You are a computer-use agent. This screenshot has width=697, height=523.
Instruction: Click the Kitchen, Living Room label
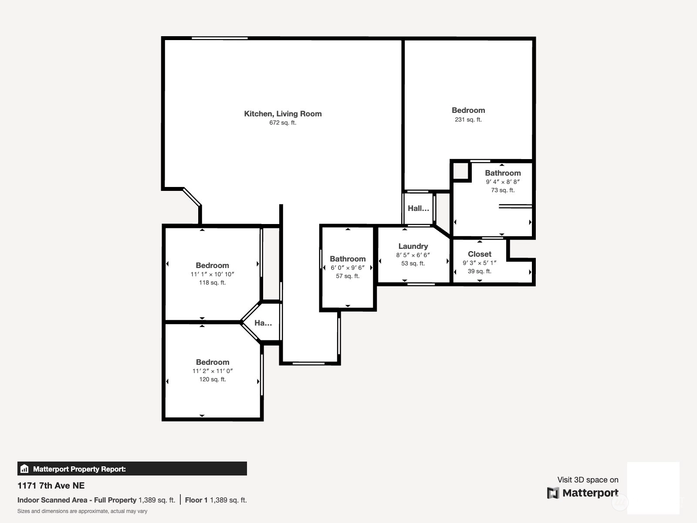(x=283, y=114)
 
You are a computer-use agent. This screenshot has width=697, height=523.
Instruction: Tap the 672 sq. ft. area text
(x=283, y=122)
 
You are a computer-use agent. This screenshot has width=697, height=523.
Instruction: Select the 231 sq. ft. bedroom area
(x=468, y=119)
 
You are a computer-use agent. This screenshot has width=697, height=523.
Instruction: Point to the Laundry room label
(x=413, y=246)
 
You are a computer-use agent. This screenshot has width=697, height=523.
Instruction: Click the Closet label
(x=479, y=254)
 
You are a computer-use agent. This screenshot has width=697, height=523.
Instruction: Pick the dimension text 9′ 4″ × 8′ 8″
(x=503, y=182)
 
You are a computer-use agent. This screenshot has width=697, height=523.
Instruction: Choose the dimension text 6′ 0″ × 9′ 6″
(x=347, y=268)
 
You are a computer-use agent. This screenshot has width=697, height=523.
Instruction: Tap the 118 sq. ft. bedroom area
(x=212, y=282)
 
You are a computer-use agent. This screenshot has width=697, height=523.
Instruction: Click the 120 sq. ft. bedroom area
(x=213, y=379)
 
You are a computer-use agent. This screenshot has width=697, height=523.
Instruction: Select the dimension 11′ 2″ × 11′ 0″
(x=213, y=371)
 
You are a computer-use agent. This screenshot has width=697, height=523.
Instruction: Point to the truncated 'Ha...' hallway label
(x=263, y=323)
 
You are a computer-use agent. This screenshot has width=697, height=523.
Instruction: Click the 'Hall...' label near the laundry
(x=418, y=208)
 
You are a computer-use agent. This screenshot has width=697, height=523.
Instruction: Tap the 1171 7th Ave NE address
(x=51, y=486)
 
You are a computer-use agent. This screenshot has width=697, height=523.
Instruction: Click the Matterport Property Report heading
(x=79, y=469)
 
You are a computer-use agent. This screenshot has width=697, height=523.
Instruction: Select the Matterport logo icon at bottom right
(x=553, y=493)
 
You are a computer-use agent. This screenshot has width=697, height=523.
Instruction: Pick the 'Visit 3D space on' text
(x=588, y=480)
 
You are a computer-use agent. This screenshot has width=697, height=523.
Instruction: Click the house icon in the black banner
(x=24, y=469)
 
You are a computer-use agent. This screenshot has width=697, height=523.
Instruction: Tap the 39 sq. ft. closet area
(x=479, y=271)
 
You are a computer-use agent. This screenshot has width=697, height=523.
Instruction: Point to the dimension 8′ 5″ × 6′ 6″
(x=413, y=255)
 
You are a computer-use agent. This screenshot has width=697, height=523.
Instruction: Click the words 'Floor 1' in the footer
(x=196, y=500)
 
